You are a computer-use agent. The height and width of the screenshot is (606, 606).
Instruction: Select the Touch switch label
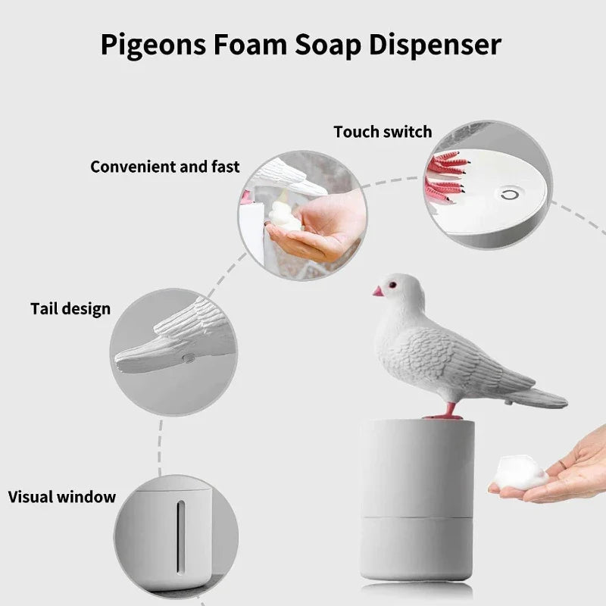point(383,132)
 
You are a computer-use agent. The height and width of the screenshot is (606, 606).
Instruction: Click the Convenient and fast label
point(164,167)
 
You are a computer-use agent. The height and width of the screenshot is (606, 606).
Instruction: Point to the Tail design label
point(70,309)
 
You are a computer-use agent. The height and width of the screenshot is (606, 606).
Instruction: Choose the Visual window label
point(62,498)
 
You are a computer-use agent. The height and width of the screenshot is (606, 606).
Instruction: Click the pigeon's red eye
point(393,285)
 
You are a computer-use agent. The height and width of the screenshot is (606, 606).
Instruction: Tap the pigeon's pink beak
point(377,291)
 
